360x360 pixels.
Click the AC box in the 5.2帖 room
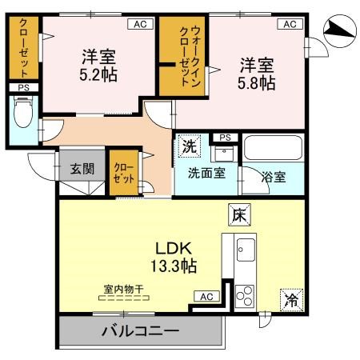140,25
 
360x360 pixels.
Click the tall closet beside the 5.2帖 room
22,47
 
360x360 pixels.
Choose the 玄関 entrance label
81,169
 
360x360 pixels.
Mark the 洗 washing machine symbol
188,146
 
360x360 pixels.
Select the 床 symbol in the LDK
239,214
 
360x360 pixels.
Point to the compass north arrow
338,30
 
